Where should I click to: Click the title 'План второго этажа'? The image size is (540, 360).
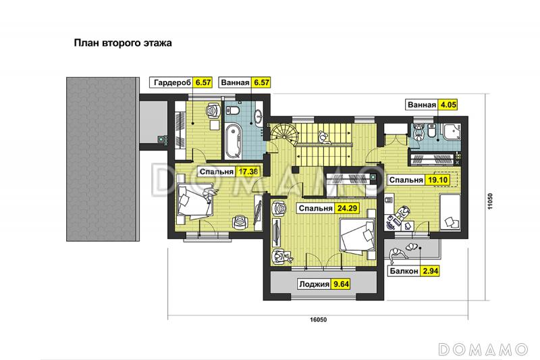pos(123,43)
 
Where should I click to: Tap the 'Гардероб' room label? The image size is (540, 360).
pos(172,82)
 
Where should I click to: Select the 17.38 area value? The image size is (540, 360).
pos(248,172)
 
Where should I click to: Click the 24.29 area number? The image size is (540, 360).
pos(348,208)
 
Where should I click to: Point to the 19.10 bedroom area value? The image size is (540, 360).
pos(437,180)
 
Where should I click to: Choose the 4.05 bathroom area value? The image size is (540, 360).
pos(448,105)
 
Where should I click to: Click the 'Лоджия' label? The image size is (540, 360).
pos(314,284)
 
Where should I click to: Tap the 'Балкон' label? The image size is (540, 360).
pos(404,271)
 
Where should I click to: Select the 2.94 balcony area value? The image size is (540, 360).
pos(431,271)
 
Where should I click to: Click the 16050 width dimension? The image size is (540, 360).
pos(318,319)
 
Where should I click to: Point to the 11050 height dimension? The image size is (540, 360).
pos(490,201)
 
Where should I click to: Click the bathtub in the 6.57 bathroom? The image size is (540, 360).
pos(234,141)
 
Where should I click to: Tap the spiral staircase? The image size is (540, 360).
pos(283,136)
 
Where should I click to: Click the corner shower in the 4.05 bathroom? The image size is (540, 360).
pos(452,132)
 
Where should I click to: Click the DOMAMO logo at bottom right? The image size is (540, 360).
pos(483,349)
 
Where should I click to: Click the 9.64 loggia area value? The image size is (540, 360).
pos(341,284)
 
